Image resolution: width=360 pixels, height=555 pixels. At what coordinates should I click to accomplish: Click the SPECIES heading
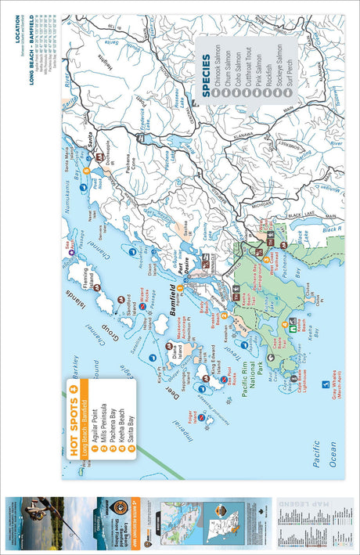point(207,83)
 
